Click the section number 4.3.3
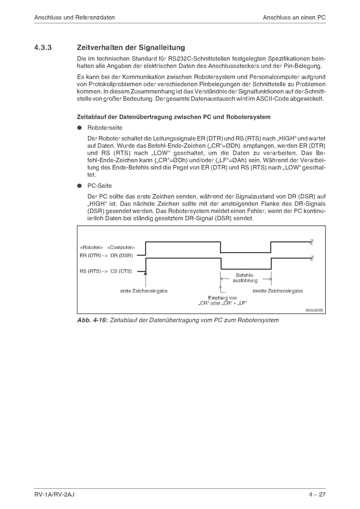43,48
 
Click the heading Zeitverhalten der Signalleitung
131,48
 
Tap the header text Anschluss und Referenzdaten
75,18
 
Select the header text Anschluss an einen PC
294,18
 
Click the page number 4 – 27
317,494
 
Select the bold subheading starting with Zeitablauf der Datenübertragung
174,117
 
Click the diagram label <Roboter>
91,247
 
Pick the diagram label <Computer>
121,247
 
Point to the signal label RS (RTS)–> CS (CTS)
106,270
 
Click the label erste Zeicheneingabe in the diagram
144,291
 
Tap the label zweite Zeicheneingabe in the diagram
277,291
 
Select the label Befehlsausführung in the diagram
246,278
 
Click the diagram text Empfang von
223,298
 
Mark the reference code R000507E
314,311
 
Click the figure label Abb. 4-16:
91,320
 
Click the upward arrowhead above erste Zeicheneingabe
146,272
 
